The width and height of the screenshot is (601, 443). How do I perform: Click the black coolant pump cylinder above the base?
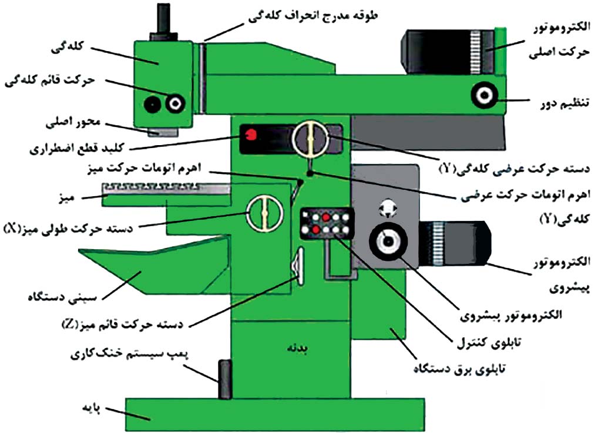pos(224,379)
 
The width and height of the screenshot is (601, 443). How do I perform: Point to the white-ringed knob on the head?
pos(175,104)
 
